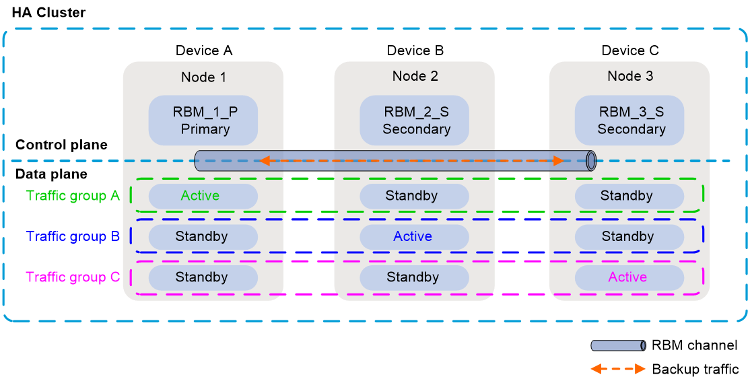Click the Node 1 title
[x=203, y=77]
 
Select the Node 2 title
[x=415, y=76]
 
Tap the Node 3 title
[x=630, y=76]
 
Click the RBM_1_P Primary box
[x=203, y=120]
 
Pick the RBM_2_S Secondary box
[x=415, y=120]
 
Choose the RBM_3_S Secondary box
[x=630, y=120]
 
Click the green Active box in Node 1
[x=203, y=196]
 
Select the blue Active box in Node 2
[x=414, y=236]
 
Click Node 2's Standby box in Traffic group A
[x=414, y=196]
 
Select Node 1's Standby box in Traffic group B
[x=203, y=236]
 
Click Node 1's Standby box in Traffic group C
[x=203, y=277]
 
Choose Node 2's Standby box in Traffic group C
[x=414, y=277]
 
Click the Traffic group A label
[x=73, y=196]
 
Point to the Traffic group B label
[x=73, y=236]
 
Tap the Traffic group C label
[x=73, y=277]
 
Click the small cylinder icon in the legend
[x=618, y=346]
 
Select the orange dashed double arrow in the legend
[x=618, y=368]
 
